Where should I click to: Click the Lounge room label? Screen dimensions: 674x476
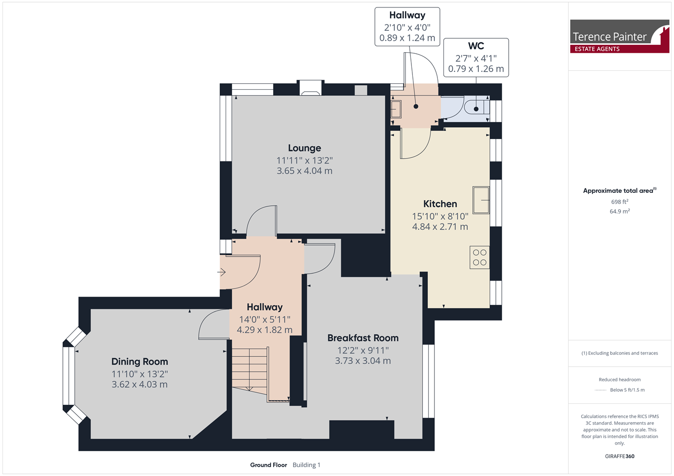click(305, 148)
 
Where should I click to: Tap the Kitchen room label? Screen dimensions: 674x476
click(440, 204)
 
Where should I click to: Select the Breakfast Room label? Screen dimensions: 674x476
click(363, 338)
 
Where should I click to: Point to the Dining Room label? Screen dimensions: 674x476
click(140, 361)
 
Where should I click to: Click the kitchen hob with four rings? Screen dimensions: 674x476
click(480, 257)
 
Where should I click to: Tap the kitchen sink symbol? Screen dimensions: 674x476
click(481, 200)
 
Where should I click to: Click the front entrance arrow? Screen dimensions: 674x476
click(222, 272)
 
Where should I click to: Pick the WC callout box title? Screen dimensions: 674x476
click(476, 46)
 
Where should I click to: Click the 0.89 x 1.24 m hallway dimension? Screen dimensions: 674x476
click(407, 38)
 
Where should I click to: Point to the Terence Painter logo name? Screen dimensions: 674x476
click(609, 37)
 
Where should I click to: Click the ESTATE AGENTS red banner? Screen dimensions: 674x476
click(620, 49)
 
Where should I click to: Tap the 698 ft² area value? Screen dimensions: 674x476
click(620, 201)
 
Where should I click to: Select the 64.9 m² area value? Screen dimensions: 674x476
click(620, 211)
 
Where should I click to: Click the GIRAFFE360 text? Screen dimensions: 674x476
click(620, 456)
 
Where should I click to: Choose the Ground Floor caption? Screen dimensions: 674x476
click(269, 465)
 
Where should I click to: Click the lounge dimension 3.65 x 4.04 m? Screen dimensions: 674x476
click(305, 171)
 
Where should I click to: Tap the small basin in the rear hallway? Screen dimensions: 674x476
click(396, 109)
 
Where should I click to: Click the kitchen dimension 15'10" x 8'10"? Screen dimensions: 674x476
click(440, 216)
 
